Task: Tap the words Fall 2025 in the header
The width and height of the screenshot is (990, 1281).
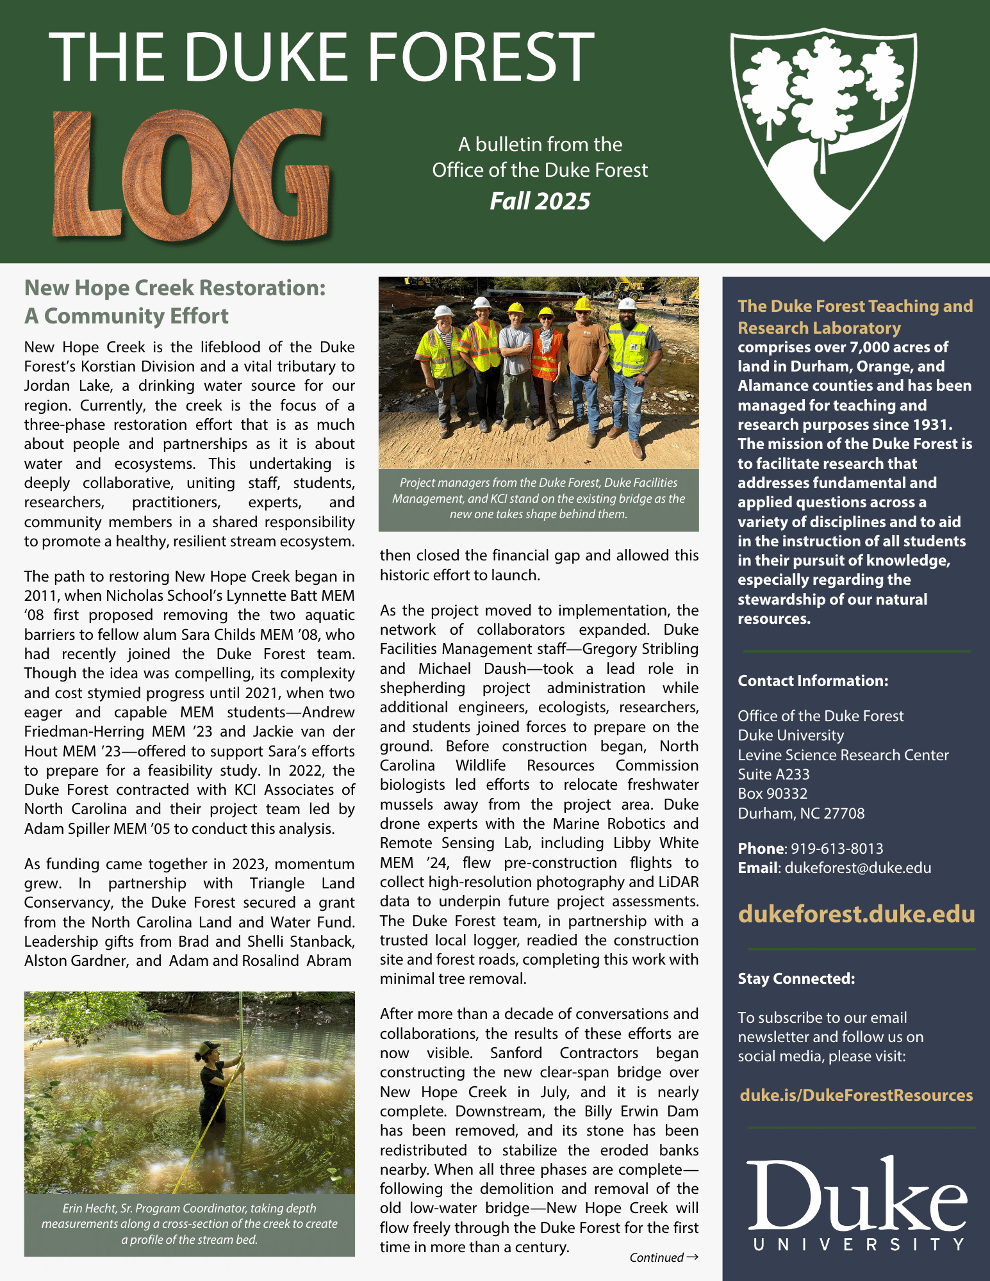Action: point(540,201)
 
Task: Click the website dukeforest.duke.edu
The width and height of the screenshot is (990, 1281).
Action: point(856,914)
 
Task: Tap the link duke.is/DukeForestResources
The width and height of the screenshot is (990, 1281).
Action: point(856,1095)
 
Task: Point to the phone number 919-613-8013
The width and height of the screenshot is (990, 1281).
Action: point(837,849)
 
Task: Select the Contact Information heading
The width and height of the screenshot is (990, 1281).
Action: point(813,681)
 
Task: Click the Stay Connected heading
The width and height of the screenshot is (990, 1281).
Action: point(796,979)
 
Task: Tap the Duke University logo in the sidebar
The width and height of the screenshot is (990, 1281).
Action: point(857,1204)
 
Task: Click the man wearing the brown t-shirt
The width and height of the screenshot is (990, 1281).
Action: point(584,371)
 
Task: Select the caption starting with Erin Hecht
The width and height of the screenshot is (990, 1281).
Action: point(190,1224)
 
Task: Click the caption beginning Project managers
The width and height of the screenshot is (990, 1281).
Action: point(538,498)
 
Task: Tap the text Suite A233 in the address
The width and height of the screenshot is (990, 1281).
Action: point(773,774)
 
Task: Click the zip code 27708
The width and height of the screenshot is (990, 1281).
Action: point(844,813)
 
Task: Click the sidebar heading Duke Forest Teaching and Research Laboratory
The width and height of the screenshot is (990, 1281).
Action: point(855,317)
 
